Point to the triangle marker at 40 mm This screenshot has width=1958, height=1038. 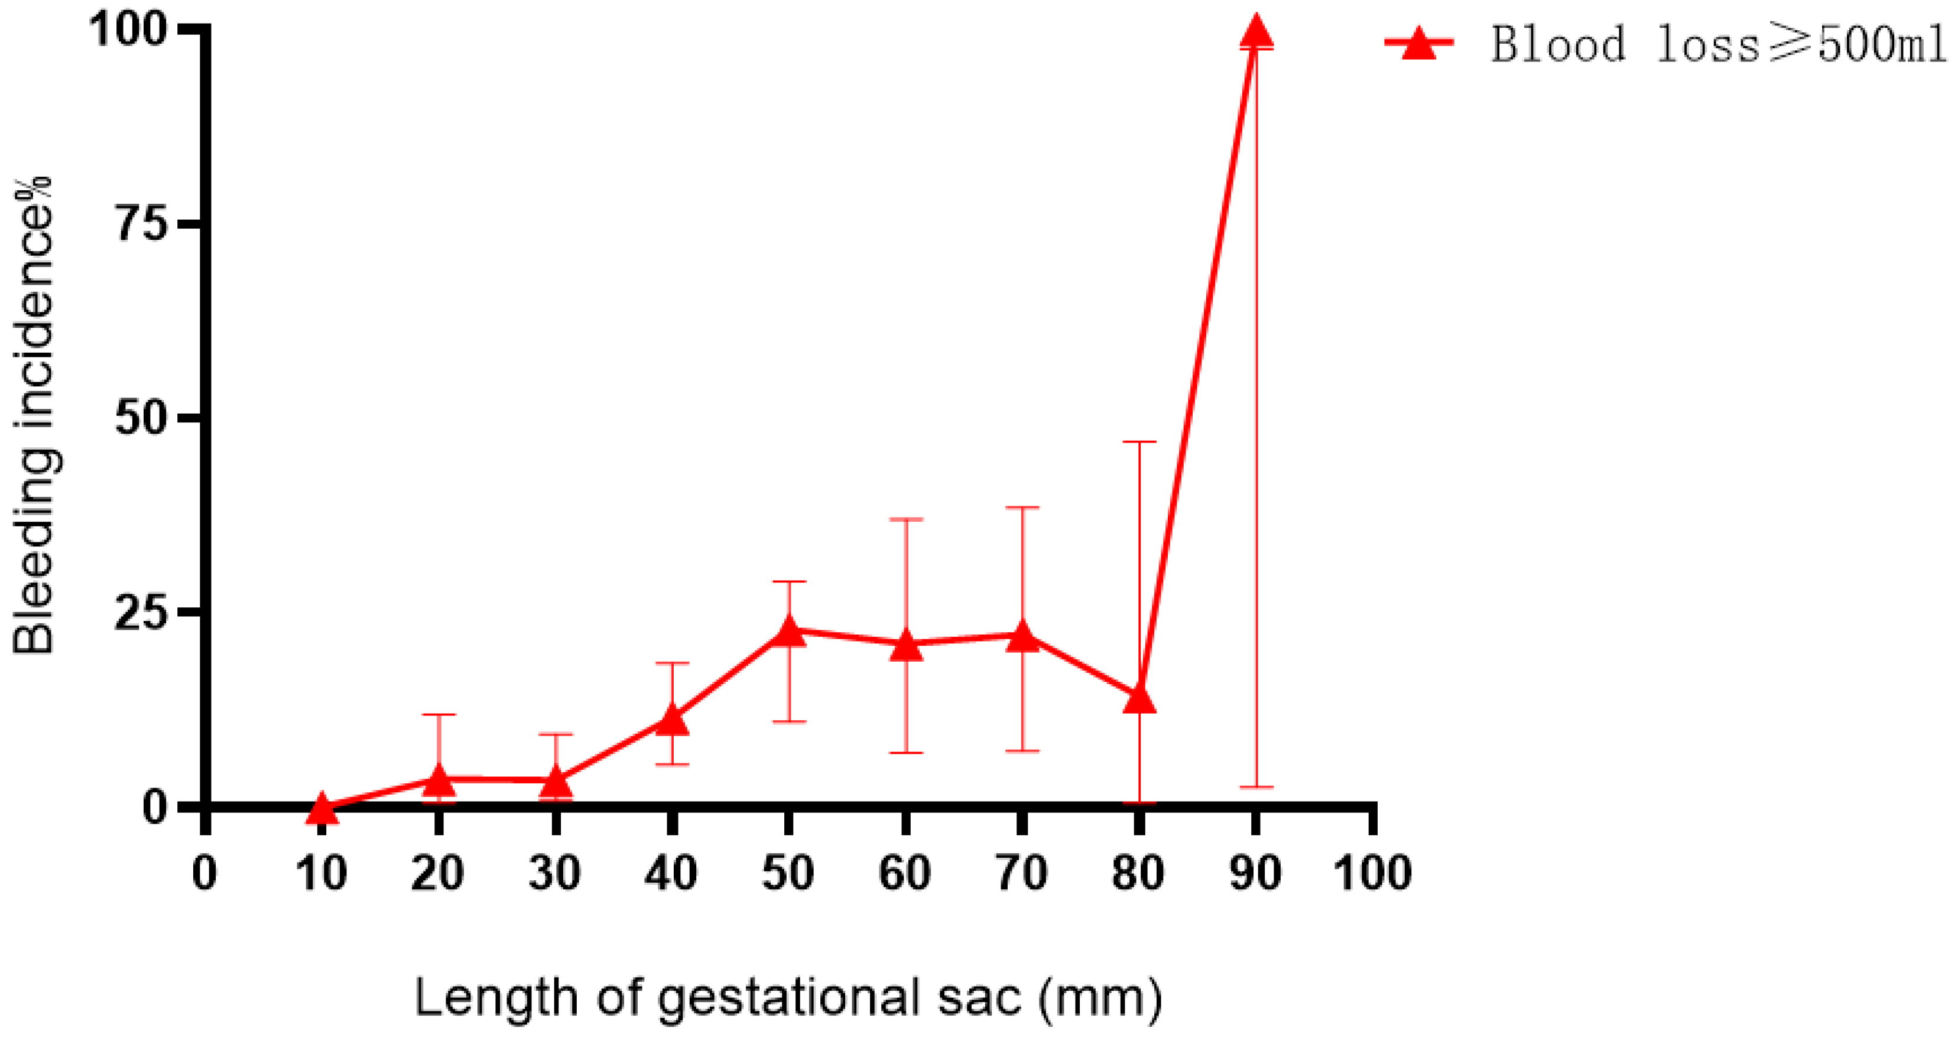(672, 720)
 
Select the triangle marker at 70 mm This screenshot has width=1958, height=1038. (1022, 637)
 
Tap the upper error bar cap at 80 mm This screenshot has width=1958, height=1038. (1139, 441)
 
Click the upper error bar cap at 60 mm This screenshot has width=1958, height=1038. (905, 520)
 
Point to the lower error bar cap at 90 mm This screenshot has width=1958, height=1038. (1256, 786)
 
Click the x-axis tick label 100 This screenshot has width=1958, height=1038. (1372, 873)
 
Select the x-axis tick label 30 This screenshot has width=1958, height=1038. (555, 873)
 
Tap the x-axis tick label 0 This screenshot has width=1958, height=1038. (204, 873)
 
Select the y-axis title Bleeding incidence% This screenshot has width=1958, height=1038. (34, 415)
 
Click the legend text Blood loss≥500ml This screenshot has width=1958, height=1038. (1718, 44)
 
